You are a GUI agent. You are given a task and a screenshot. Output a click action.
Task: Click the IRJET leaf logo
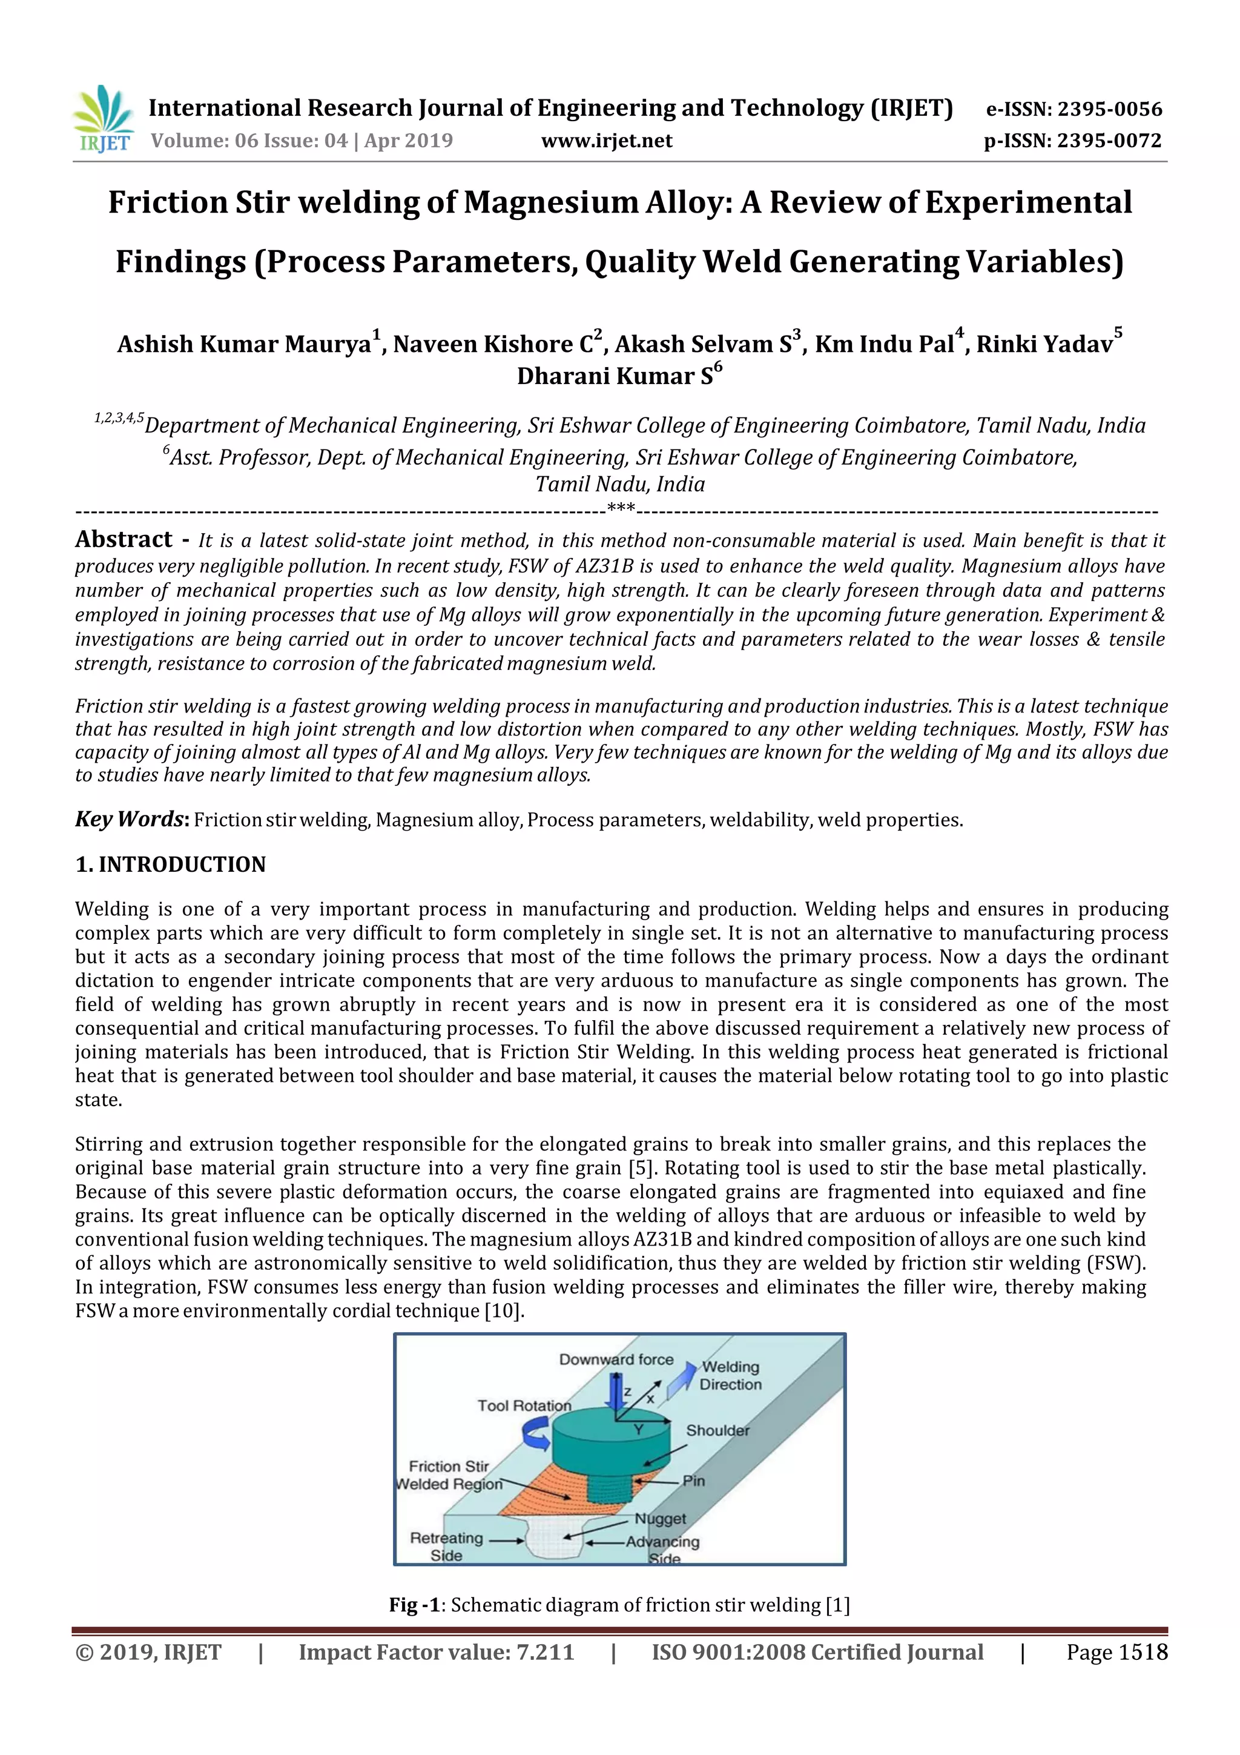(x=103, y=119)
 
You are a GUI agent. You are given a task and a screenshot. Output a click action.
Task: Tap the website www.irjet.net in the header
(x=607, y=141)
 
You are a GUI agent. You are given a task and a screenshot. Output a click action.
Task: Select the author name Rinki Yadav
(x=1044, y=344)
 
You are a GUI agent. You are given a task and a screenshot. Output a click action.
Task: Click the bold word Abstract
(x=124, y=540)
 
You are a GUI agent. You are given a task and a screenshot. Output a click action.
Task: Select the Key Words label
(x=131, y=820)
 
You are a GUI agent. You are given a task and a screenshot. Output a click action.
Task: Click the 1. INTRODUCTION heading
(x=170, y=864)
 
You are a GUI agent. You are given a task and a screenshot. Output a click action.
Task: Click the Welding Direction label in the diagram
(x=730, y=1375)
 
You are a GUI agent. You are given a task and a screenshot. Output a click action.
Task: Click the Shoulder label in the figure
(x=717, y=1430)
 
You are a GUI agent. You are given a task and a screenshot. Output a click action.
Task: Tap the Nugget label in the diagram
(x=660, y=1518)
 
